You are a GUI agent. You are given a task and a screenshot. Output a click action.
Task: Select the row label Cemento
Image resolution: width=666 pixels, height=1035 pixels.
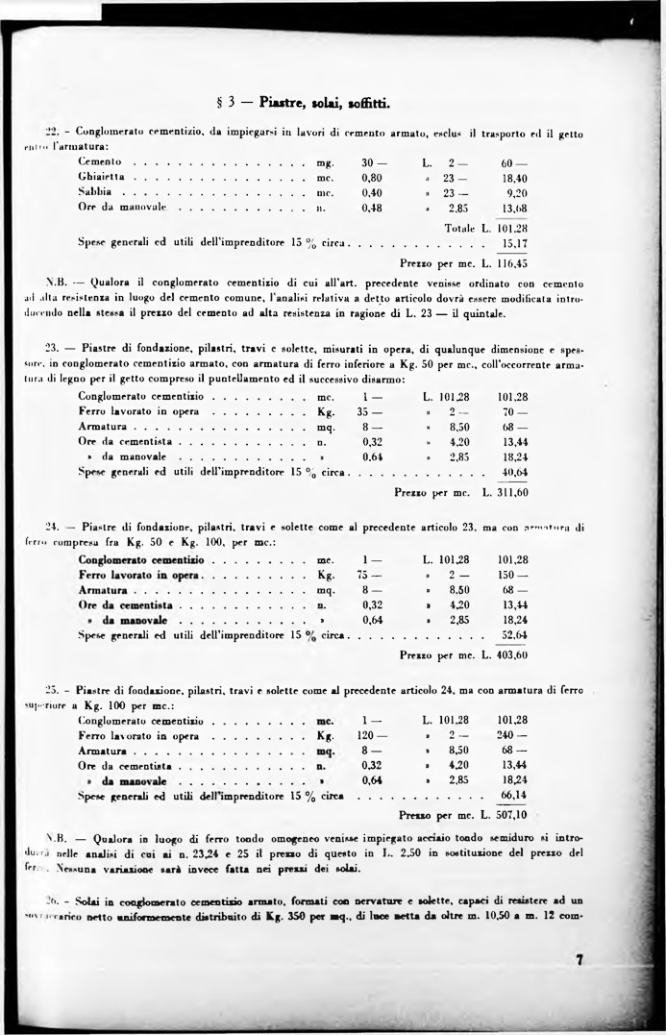click(x=99, y=161)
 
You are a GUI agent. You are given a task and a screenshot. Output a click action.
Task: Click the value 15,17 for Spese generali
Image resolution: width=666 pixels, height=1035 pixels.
click(x=514, y=244)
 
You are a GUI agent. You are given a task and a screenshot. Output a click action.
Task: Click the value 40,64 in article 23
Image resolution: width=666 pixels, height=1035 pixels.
click(x=514, y=473)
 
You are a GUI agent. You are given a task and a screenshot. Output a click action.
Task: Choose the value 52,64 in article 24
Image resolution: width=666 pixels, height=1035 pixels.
click(x=514, y=635)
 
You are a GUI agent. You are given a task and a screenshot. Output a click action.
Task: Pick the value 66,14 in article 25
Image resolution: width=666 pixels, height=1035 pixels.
click(x=514, y=796)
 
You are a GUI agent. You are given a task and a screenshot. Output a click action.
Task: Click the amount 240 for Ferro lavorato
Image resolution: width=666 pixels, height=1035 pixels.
click(x=513, y=735)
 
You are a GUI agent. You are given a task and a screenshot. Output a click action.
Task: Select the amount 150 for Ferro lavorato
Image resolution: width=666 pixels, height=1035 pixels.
click(x=513, y=575)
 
